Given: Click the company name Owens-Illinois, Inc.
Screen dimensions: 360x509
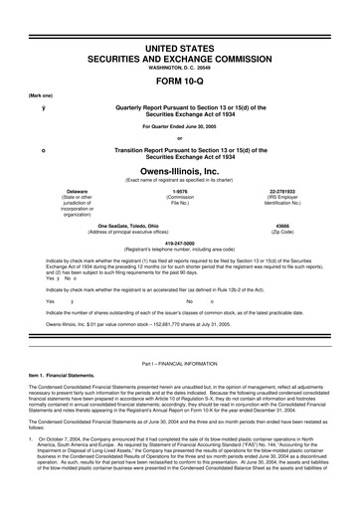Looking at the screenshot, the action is coord(179,171).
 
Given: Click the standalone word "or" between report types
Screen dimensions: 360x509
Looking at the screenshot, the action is coord(179,137).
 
